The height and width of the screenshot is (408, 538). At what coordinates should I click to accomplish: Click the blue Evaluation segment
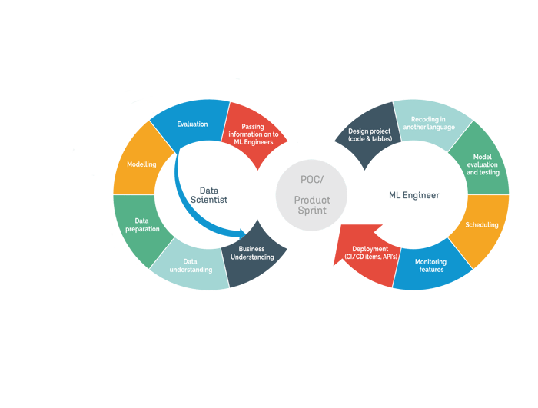coord(191,124)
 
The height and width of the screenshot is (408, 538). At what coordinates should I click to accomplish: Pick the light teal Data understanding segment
coord(191,267)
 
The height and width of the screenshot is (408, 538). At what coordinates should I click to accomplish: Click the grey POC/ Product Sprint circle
coord(311,195)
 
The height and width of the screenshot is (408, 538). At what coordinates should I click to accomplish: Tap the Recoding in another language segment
coord(430,124)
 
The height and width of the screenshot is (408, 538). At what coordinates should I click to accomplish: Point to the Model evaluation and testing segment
coord(481,162)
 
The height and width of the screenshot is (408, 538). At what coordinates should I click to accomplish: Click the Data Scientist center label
coord(209,195)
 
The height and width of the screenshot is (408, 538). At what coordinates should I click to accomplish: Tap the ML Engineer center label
coord(414,195)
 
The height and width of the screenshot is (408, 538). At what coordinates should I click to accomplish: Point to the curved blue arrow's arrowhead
coord(242,234)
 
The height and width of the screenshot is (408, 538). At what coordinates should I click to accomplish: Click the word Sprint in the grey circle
coord(312,211)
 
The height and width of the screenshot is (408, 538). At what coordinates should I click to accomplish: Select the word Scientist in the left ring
coord(209,200)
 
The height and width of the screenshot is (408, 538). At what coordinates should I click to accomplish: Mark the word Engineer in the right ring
coord(421,195)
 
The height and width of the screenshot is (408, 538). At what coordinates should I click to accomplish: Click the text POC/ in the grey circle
coord(312,180)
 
